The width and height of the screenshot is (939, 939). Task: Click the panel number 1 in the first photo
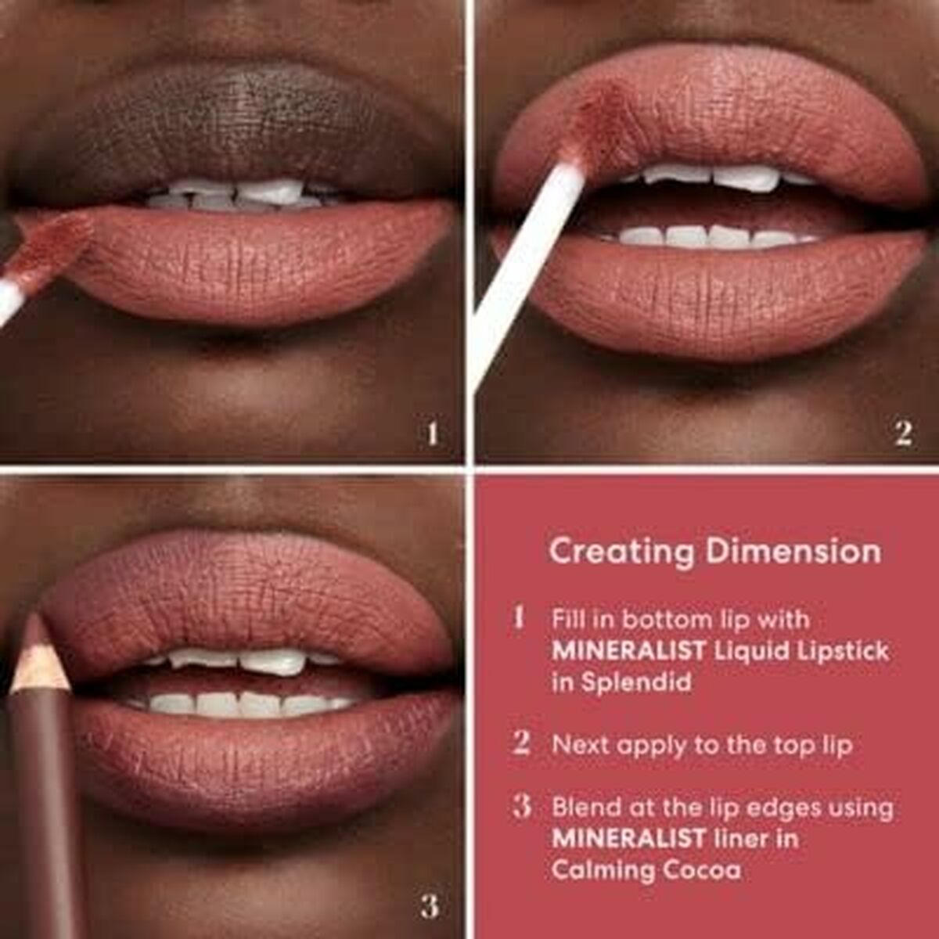432,433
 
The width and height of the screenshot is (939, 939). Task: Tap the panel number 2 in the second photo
903,433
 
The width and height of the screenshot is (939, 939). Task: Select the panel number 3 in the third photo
429,906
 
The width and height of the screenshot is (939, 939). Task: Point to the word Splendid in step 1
635,682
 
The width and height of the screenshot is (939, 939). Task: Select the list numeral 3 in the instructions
522,806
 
